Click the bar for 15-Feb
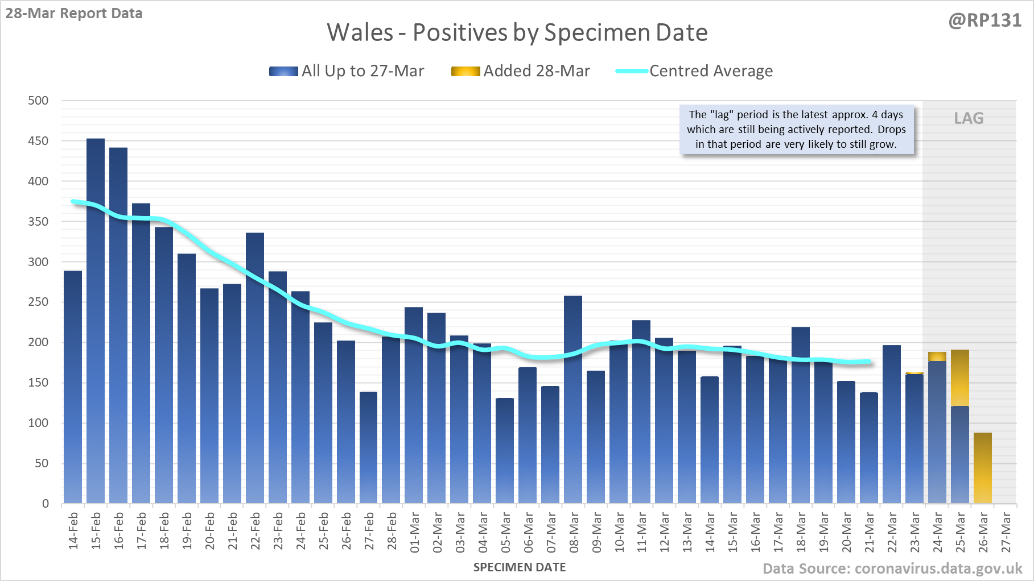coord(96,321)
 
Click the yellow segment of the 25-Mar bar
coord(960,378)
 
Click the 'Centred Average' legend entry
coord(694,71)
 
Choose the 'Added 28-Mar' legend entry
coord(521,71)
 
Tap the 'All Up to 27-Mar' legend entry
coord(347,71)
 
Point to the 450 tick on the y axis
coord(38,141)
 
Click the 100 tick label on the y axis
coord(38,423)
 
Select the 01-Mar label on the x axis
coord(414,532)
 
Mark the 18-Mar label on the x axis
coord(801,532)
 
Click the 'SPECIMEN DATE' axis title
coord(520,567)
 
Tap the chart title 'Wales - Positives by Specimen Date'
coord(517,32)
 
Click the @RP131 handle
coord(985,20)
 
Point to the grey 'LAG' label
coord(969,118)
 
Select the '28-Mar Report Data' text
coord(74,13)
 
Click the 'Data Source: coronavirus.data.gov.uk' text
coord(892,568)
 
